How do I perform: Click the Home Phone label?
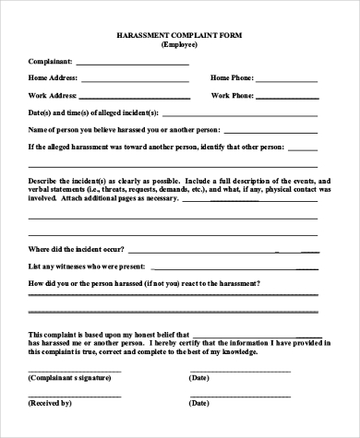[232, 78]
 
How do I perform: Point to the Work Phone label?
[232, 95]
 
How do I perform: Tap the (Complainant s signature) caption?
[74, 377]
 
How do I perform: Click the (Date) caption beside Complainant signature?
[198, 377]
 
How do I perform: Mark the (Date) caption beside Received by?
[198, 403]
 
